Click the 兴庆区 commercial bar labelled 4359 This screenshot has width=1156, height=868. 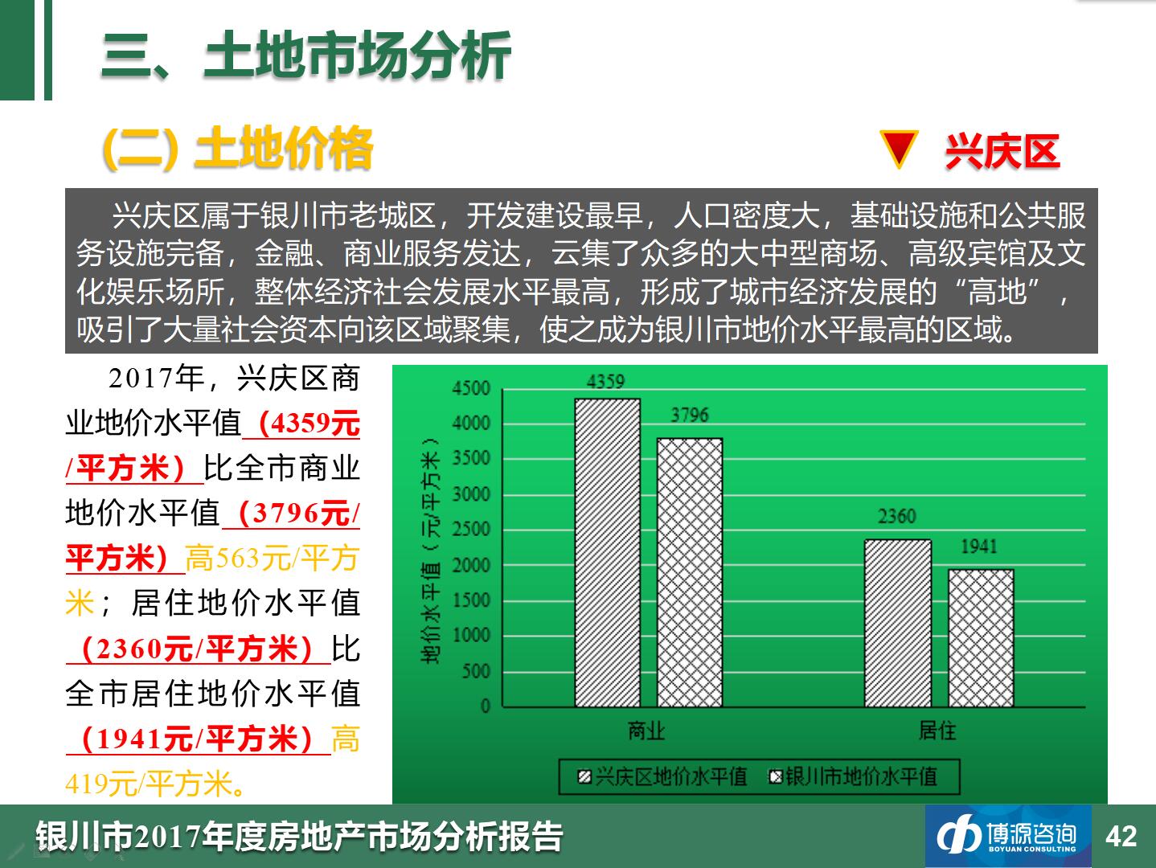point(607,553)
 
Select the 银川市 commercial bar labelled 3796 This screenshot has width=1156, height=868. point(690,573)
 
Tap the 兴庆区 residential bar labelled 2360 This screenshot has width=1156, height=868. point(898,623)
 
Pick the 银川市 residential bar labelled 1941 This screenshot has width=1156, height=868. point(981,638)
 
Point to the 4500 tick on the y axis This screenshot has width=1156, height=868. point(471,388)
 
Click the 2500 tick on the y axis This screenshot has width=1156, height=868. point(471,529)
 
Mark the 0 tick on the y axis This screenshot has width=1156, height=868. point(486,706)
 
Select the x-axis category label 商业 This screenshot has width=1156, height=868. point(646,731)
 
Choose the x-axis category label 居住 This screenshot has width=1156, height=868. point(937,731)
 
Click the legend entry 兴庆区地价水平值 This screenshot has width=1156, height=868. point(662,777)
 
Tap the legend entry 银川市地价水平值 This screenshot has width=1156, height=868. point(853,777)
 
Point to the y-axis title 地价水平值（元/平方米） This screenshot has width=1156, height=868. point(430,550)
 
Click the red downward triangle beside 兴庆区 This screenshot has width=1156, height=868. point(899,149)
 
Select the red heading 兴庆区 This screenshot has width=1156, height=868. point(1002,152)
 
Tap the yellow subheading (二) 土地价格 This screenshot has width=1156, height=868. point(238,149)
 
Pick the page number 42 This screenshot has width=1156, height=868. point(1121,836)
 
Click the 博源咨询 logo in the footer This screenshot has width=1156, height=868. point(1008,836)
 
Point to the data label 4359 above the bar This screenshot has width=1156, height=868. point(605,382)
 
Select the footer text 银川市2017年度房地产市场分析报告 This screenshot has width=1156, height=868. point(299,837)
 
